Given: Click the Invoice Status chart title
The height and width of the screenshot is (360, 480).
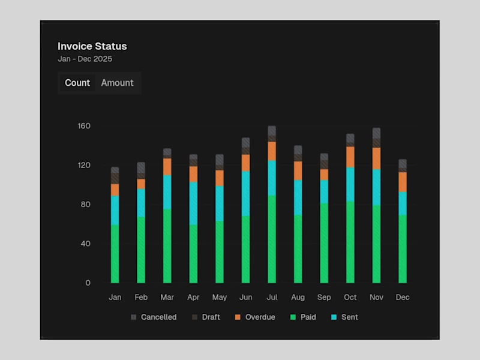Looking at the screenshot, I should click(92, 46).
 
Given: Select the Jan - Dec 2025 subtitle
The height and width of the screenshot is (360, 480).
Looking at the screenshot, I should click(85, 59).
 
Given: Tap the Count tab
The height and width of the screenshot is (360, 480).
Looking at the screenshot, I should click(77, 83).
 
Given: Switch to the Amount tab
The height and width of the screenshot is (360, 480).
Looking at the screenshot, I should click(117, 83).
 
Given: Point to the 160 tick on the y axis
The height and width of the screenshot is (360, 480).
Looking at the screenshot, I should click(83, 126).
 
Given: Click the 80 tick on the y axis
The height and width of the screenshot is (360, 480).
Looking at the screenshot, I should click(85, 205).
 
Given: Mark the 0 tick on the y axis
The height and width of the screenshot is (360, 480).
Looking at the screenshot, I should click(88, 283).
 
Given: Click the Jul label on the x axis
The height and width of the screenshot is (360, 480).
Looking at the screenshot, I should click(272, 297).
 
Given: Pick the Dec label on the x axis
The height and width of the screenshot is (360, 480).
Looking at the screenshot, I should click(403, 297).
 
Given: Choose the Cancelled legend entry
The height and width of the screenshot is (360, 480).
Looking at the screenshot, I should click(154, 317).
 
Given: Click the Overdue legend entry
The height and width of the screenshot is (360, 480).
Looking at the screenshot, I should click(254, 317).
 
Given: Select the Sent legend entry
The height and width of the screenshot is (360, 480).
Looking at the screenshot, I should click(344, 317).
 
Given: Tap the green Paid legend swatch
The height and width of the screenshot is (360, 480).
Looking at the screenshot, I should click(294, 317).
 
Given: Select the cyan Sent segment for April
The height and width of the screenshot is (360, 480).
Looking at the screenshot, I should click(193, 203).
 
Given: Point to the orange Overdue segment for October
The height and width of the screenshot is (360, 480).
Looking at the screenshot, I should click(350, 157).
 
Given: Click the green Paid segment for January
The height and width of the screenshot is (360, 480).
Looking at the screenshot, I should click(115, 253).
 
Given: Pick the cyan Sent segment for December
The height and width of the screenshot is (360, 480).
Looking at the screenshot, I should click(403, 203).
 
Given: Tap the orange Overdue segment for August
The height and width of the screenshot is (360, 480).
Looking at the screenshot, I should click(298, 170).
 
